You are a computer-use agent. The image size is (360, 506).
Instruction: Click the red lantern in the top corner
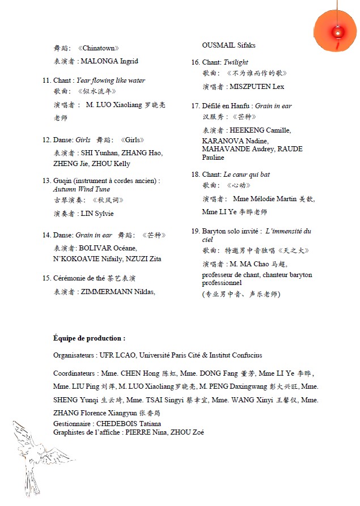point(336,31)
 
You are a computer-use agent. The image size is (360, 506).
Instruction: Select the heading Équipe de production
point(89,338)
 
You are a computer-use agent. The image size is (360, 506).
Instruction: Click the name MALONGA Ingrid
point(109,61)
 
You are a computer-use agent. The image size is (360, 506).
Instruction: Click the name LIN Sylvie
point(98,214)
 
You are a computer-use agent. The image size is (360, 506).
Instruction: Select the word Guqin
point(62,181)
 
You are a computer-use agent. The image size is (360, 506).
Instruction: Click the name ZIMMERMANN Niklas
point(118,292)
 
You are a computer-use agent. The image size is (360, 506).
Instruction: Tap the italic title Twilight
point(236,62)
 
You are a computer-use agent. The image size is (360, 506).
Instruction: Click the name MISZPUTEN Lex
point(257,87)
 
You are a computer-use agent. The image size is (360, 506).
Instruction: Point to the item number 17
point(196,106)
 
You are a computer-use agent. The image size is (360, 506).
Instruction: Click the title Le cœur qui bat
point(247,175)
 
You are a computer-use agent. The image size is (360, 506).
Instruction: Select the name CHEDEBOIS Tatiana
point(128,424)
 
